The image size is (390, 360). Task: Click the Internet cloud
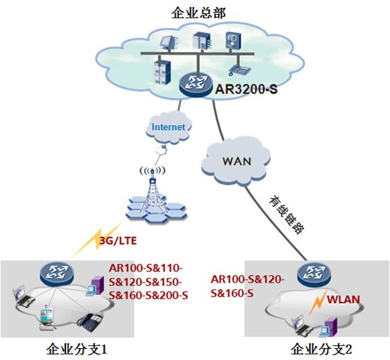[x=168, y=127]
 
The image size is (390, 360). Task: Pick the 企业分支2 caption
[x=317, y=348]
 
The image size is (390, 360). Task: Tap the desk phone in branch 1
[x=89, y=323]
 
